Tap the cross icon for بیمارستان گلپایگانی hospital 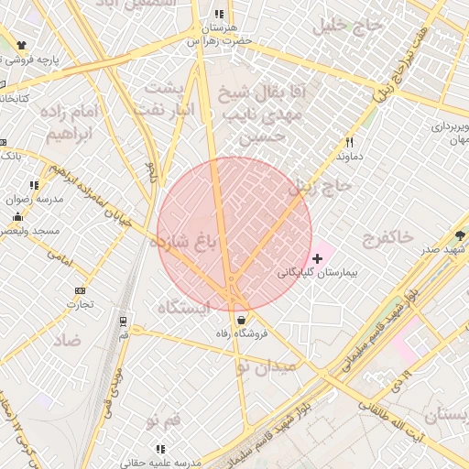[x=318, y=259]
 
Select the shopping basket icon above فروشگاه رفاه [x=241, y=320]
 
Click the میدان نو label [x=267, y=366]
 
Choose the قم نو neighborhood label [x=164, y=419]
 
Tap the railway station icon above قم [x=124, y=320]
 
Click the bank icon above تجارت [x=80, y=291]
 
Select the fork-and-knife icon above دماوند [x=348, y=143]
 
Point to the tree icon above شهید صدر [x=459, y=235]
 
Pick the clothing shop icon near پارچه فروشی [x=21, y=45]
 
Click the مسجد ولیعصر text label [x=36, y=231]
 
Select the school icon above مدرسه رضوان [x=35, y=185]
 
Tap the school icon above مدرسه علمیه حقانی [x=160, y=449]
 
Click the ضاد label [x=67, y=341]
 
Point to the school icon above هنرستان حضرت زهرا [x=218, y=15]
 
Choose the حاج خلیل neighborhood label [x=344, y=25]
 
